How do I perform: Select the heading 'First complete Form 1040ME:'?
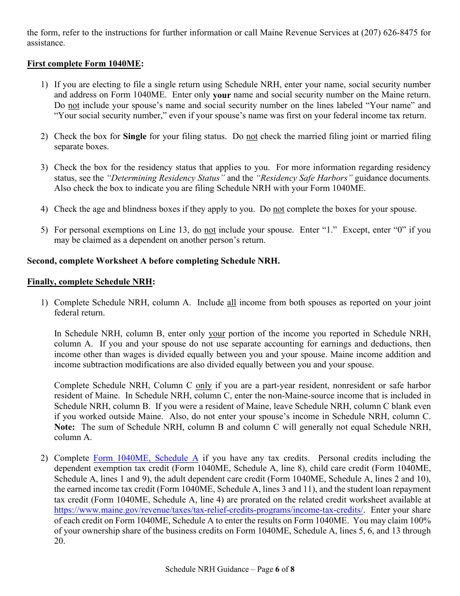coord(85,63)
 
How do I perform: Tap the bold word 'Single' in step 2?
coord(135,136)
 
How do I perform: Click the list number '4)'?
coord(44,209)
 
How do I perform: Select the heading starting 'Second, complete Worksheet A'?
coord(153,261)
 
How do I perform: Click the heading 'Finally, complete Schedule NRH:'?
coord(91,282)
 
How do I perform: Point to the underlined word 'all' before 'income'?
coord(231,302)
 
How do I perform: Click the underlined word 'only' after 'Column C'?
coord(203,385)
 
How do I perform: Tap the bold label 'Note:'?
coord(64,427)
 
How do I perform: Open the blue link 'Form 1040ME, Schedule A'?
coord(146,458)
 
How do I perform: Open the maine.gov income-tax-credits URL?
coord(209,510)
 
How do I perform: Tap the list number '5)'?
coord(44,230)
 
